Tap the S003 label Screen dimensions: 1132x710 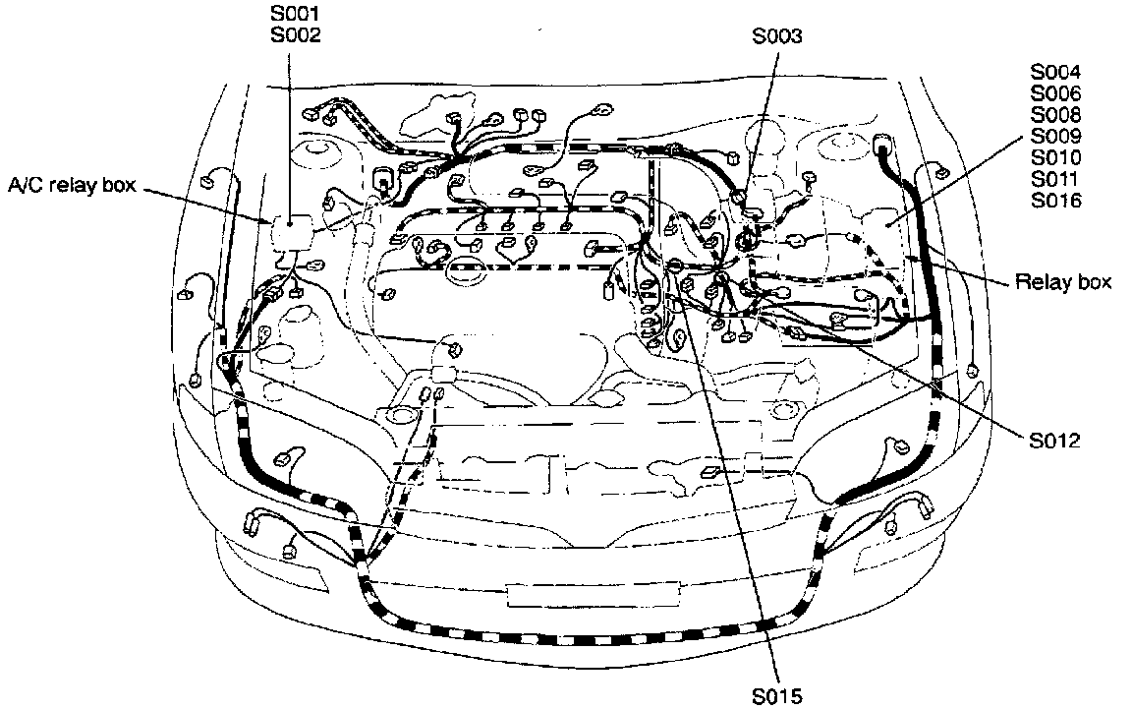[x=776, y=36]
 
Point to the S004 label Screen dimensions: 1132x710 [x=1055, y=72]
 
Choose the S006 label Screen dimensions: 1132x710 [x=1055, y=93]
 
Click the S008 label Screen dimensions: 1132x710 [x=1055, y=115]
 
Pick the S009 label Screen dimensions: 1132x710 [x=1055, y=137]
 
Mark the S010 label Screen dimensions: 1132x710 [x=1055, y=158]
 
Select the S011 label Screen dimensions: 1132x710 [x=1055, y=180]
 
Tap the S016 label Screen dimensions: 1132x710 [x=1055, y=202]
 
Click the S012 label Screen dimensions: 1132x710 [x=1054, y=440]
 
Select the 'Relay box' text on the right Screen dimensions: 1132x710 [x=1062, y=282]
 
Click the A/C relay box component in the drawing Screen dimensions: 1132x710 [x=292, y=232]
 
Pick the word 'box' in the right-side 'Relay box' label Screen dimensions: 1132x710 [x=1095, y=282]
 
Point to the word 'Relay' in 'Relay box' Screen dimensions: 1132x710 [x=1044, y=282]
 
